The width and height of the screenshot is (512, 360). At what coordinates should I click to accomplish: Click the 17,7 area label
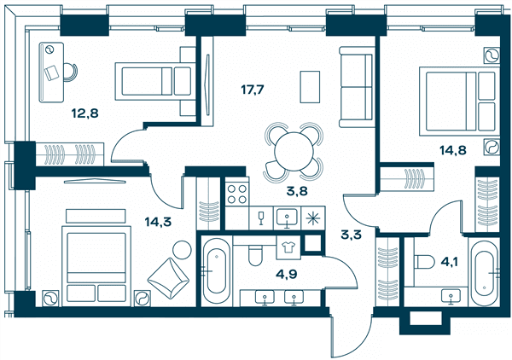coord(252,89)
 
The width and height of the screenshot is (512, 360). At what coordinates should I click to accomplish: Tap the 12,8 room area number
coord(84,113)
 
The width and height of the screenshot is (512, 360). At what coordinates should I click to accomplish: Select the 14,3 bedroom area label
coord(158,222)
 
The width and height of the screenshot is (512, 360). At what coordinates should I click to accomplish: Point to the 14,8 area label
coord(452,150)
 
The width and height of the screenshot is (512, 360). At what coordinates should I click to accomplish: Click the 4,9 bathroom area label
coord(287,274)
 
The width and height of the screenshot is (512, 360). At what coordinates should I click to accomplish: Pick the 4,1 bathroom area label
coord(450,261)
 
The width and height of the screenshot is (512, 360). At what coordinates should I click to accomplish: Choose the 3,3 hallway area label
coord(351,234)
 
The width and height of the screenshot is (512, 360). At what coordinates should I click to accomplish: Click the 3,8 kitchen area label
coord(297,191)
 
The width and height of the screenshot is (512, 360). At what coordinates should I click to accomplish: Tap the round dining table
coord(294,152)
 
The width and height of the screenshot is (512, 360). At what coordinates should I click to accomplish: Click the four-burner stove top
coord(237,194)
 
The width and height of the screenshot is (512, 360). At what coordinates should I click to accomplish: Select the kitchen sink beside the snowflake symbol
coord(287,218)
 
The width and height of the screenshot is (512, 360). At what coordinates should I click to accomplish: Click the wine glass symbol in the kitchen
coord(261,218)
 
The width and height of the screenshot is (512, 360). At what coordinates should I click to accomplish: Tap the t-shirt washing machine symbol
coord(288,247)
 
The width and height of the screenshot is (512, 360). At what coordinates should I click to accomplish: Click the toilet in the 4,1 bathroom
coord(424,261)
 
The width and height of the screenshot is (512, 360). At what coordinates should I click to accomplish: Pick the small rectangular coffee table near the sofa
coord(310,87)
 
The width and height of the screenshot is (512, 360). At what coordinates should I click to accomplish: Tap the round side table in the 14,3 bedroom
coord(182,250)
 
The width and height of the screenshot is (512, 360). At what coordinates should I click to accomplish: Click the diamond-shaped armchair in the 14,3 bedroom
coord(168,278)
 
